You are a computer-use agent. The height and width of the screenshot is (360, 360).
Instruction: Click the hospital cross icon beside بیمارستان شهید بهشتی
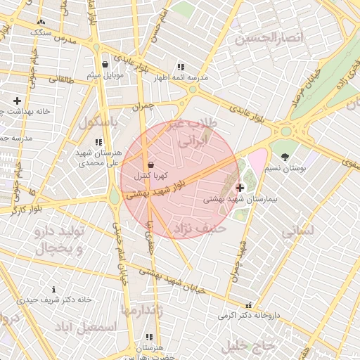240,188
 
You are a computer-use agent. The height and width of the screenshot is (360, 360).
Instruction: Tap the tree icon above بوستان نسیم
285,157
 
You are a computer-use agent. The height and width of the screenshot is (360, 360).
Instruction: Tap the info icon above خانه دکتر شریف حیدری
54,289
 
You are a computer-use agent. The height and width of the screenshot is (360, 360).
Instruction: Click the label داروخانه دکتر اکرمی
247,315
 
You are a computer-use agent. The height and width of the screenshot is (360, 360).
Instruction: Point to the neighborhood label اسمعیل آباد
89,328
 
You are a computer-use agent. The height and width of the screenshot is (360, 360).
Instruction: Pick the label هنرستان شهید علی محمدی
99,157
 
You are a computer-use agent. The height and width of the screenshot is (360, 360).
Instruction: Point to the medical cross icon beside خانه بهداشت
17,101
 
